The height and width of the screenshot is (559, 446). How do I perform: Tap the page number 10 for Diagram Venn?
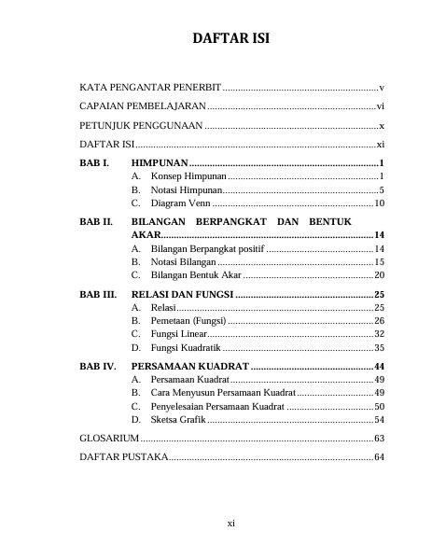coord(379,203)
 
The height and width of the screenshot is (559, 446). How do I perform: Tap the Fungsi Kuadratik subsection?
coord(187,346)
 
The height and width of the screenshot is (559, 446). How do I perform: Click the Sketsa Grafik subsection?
coord(179,419)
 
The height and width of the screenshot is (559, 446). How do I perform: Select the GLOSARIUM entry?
coord(109,438)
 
